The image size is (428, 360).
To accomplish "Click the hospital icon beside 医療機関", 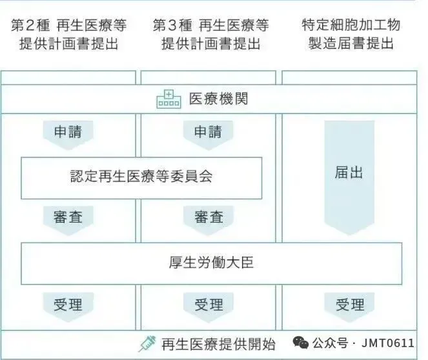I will tap(169, 99).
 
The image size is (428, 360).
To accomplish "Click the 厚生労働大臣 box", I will tap(212, 263).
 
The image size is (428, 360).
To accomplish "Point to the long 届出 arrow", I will tap(349, 177).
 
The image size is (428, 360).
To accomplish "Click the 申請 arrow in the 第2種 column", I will tap(68, 133).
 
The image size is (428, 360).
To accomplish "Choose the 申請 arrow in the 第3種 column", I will tap(208, 133).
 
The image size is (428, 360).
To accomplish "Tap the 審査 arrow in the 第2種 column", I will tap(68, 217).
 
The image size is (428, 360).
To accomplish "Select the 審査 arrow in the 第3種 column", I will tap(208, 217).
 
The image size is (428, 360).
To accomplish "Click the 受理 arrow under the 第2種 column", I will tap(68, 305).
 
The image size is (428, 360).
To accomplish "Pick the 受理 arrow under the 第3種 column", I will tap(208, 305).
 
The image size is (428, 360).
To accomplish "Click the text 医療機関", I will tap(218, 99).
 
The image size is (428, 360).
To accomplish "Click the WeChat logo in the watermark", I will tap(300, 342).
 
